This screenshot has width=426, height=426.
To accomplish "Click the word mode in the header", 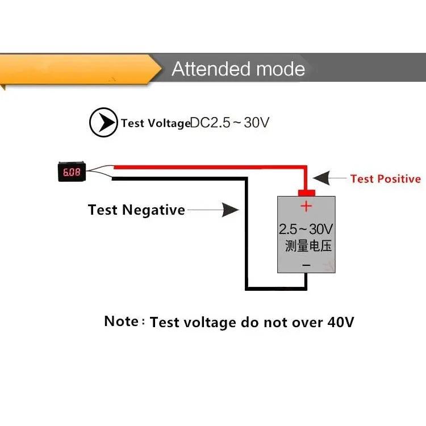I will (x=281, y=69).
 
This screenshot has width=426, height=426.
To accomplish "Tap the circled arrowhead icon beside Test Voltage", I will (x=103, y=122).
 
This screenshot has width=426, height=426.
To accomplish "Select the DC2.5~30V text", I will (x=229, y=122).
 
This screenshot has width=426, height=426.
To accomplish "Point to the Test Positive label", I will (x=386, y=179).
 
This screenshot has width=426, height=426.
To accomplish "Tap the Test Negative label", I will (x=136, y=210).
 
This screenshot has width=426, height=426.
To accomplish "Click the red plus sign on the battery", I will (x=306, y=206).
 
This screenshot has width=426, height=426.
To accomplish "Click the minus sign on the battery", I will (x=306, y=265).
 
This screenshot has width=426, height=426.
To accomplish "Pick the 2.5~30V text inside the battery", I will (x=306, y=229).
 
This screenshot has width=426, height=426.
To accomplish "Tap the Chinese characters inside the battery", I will (x=308, y=247).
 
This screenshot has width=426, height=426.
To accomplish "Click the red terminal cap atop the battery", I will (x=306, y=193).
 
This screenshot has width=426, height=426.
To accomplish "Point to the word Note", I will (x=121, y=321).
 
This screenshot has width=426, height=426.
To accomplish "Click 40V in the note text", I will (x=341, y=323).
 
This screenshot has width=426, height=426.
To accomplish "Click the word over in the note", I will (x=304, y=323).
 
